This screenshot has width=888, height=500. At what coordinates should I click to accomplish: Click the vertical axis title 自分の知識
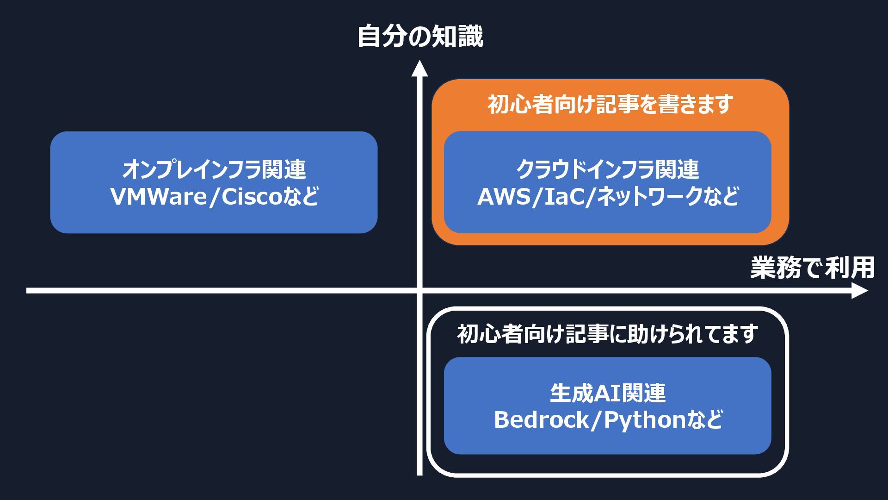point(420,37)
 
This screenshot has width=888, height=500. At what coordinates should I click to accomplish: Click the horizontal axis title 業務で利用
point(812,268)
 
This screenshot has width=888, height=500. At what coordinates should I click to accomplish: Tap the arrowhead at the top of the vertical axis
point(419,68)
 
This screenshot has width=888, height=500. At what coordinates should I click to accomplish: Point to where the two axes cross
point(419,291)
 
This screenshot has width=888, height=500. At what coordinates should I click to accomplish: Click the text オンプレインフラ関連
point(214,169)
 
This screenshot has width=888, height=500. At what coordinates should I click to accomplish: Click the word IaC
point(564,197)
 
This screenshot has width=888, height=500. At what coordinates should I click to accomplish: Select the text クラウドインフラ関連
point(607,169)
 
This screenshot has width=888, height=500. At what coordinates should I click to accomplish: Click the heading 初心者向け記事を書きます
point(610,105)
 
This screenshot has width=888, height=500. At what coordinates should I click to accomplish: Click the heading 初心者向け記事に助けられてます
point(607,334)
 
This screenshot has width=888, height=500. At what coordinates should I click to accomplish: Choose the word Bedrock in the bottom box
point(541,420)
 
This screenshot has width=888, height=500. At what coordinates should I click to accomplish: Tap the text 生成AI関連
point(607,393)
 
